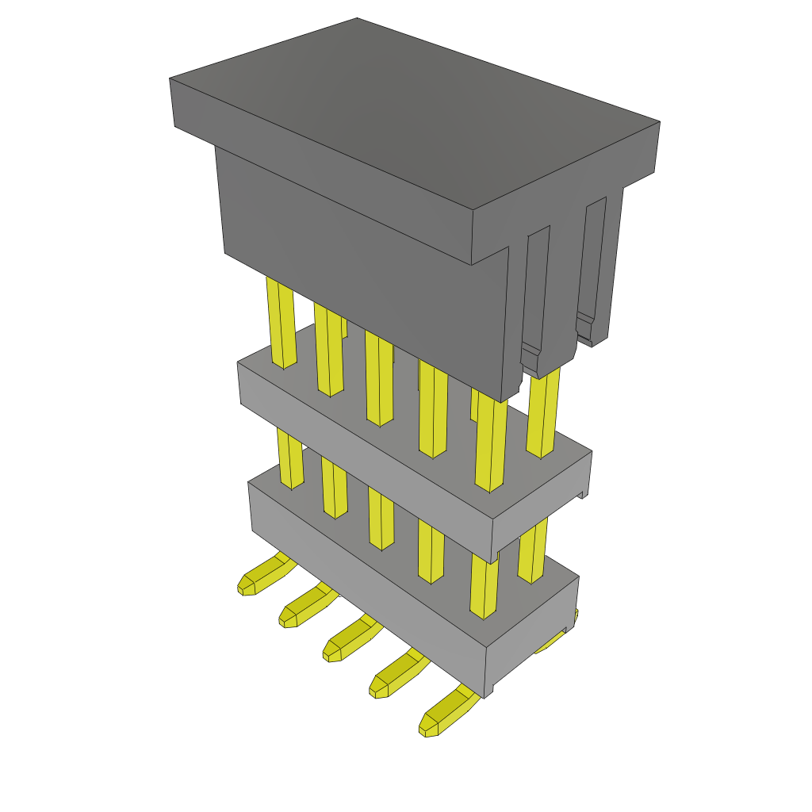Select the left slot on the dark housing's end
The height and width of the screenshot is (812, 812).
tap(537, 293)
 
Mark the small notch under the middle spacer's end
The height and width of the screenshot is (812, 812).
tap(583, 492)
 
